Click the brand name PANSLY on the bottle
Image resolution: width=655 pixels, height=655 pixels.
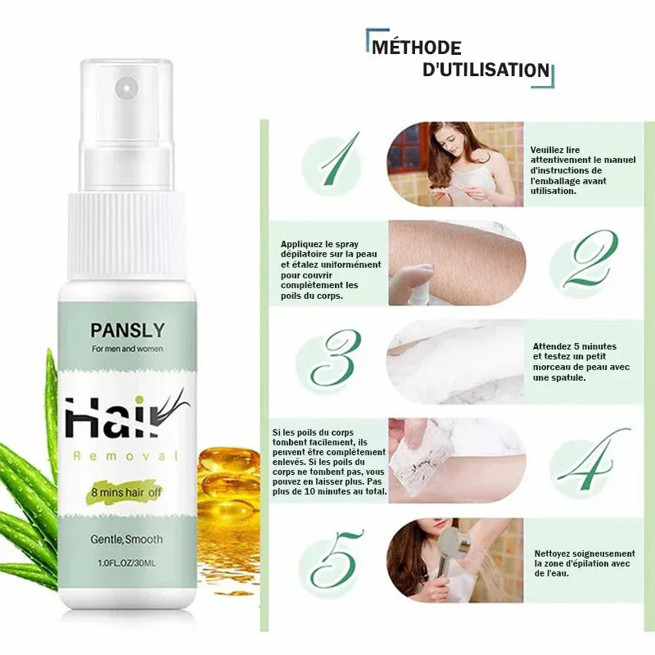[128, 330]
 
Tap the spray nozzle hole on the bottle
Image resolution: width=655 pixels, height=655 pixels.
[126, 88]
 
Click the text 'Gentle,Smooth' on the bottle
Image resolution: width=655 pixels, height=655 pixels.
[127, 540]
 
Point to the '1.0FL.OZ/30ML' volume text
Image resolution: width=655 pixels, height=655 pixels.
[127, 563]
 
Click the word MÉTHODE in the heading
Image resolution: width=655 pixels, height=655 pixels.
[417, 47]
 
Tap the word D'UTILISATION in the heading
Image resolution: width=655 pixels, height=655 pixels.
[486, 70]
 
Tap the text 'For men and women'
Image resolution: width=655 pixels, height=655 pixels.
[128, 349]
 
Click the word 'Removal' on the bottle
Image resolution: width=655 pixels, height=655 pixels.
[125, 456]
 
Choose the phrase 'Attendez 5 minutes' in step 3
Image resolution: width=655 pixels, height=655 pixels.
[575, 346]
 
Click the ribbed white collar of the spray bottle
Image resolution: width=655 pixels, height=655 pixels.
[126, 236]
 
